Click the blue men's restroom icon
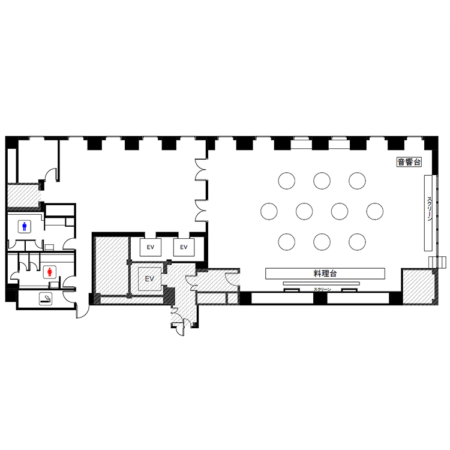tap(25, 226)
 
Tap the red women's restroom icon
tap(50, 272)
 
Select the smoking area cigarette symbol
tap(46, 299)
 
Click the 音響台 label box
tap(409, 162)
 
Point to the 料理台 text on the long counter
tap(325, 274)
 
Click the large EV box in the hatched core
tap(149, 278)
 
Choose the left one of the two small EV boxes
tap(151, 247)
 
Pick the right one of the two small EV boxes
tap(184, 247)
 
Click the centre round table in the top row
tap(322, 181)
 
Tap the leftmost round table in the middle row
tap(269, 212)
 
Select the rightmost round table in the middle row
tap(375, 212)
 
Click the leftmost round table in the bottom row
tap(286, 242)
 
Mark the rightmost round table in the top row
tap(358, 181)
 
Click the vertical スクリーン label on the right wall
tap(430, 209)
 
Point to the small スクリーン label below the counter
tap(322, 289)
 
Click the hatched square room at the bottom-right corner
tap(419, 286)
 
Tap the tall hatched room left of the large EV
tap(112, 265)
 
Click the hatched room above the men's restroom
tap(23, 195)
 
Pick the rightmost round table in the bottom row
tap(358, 242)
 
